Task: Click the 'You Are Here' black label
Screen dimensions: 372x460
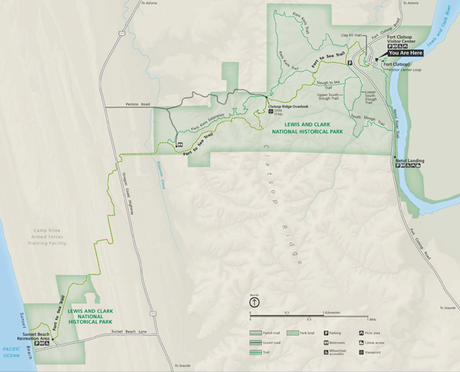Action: click(407, 52)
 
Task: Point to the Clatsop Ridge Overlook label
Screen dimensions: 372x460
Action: click(289, 106)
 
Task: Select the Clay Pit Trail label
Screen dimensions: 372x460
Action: click(351, 35)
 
